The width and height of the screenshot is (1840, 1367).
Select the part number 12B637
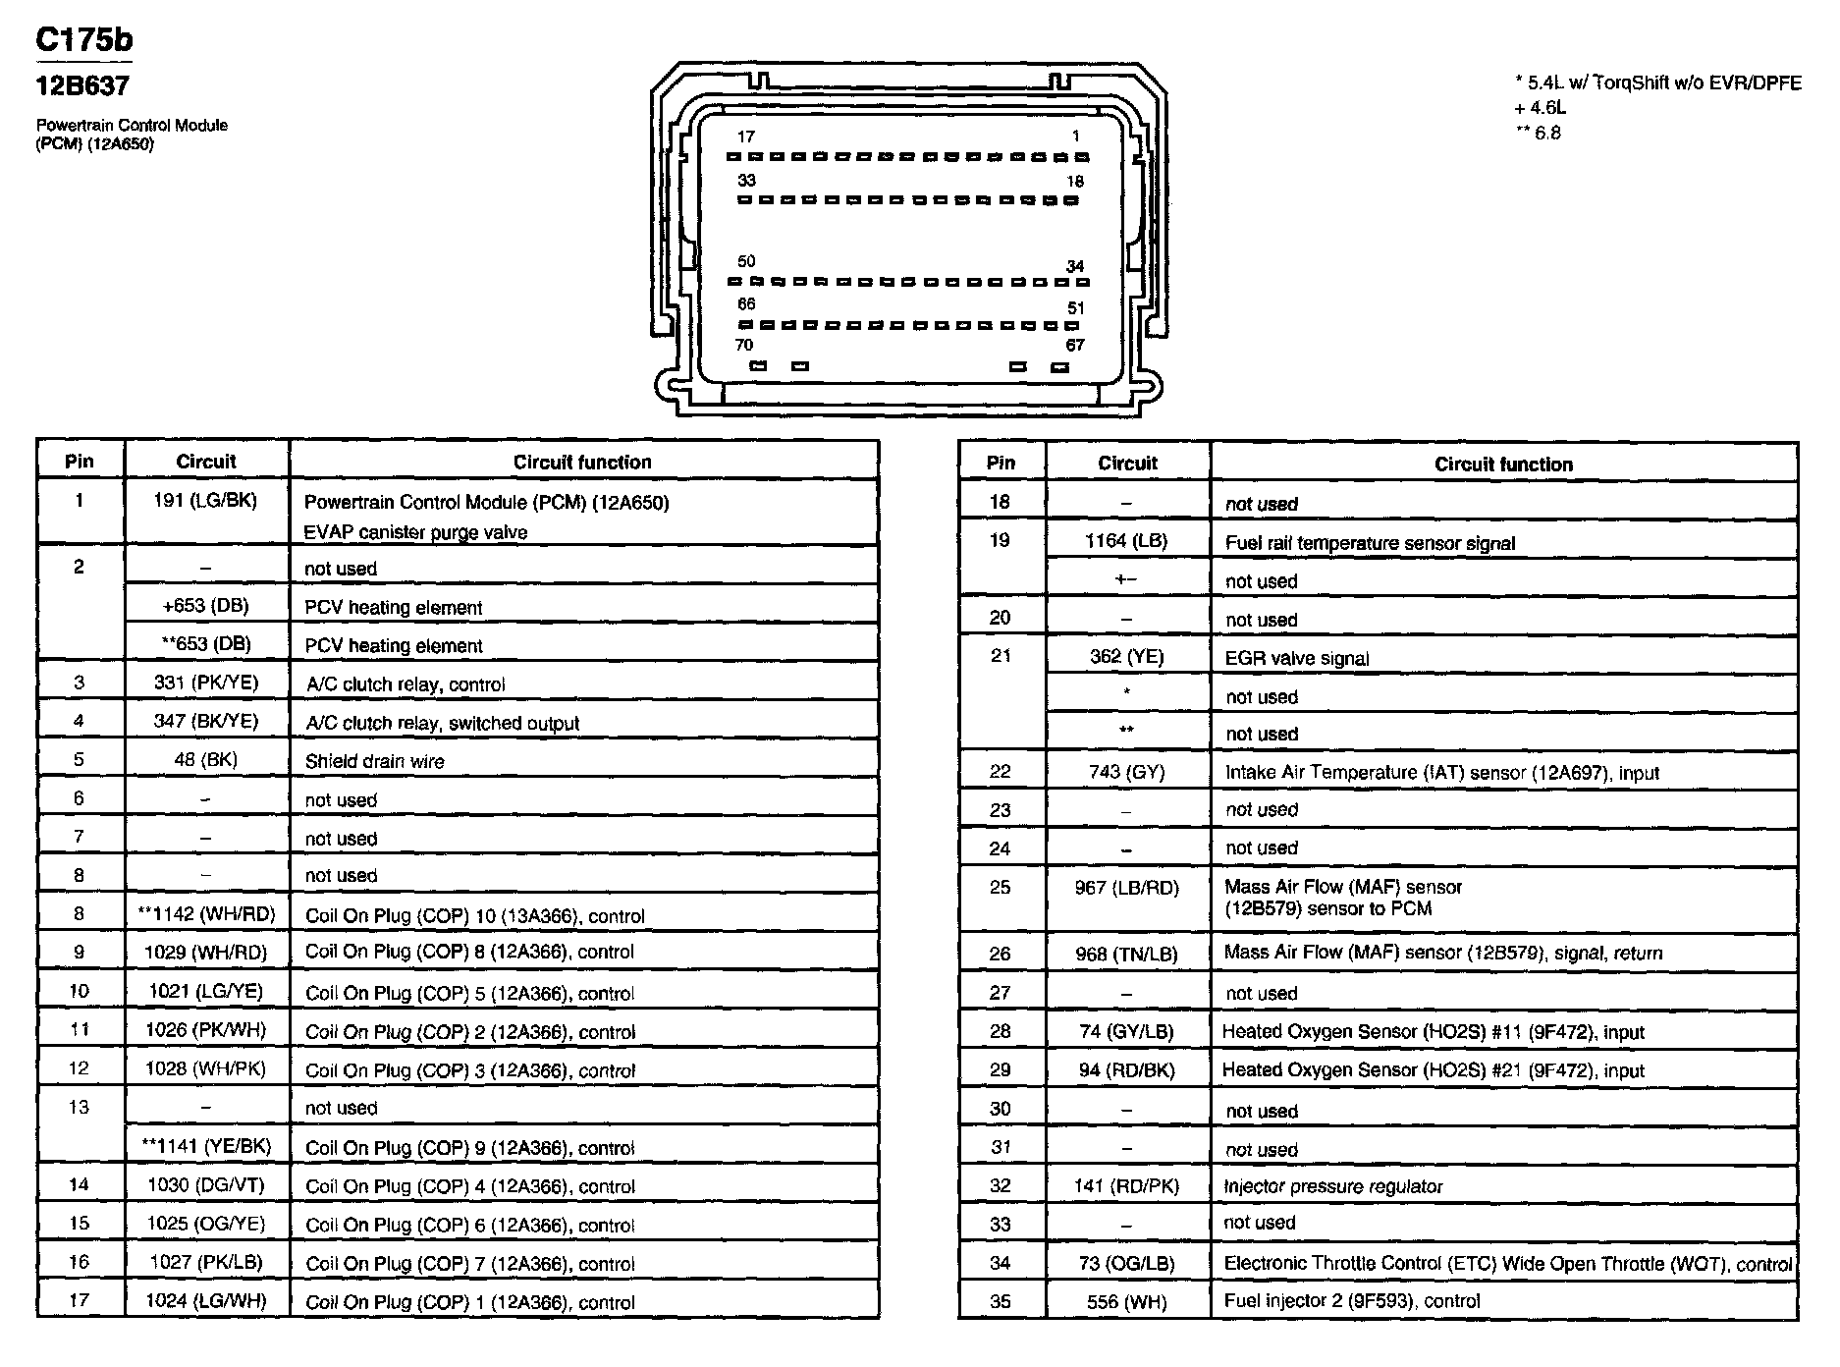pos(82,86)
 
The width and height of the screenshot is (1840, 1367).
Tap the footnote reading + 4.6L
pos(1540,108)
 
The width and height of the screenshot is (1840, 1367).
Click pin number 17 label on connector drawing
pos(746,137)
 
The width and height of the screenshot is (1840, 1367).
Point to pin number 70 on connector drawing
pos(744,345)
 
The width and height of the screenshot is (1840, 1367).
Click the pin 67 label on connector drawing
pos(1075,345)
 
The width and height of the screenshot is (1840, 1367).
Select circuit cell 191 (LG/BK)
pos(206,501)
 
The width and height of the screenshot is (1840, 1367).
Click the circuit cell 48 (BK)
pos(206,760)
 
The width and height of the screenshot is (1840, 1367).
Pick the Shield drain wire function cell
pos(374,761)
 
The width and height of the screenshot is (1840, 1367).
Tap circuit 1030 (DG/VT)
pos(206,1185)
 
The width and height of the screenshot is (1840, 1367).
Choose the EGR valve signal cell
pos(1296,658)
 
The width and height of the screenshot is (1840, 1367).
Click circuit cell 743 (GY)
pos(1126,772)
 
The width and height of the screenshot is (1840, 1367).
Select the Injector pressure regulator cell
pos(1333,1186)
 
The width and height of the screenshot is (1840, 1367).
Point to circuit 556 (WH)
pos(1126,1301)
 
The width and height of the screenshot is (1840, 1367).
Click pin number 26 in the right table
pos(1000,954)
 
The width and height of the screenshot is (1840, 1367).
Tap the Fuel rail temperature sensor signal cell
pos(1370,543)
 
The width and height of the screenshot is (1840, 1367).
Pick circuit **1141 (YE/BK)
pos(206,1146)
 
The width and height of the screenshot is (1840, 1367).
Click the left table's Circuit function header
pos(582,462)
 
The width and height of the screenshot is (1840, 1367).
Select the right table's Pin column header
pos(1001,463)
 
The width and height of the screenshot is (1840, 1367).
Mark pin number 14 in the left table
pos(79,1185)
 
